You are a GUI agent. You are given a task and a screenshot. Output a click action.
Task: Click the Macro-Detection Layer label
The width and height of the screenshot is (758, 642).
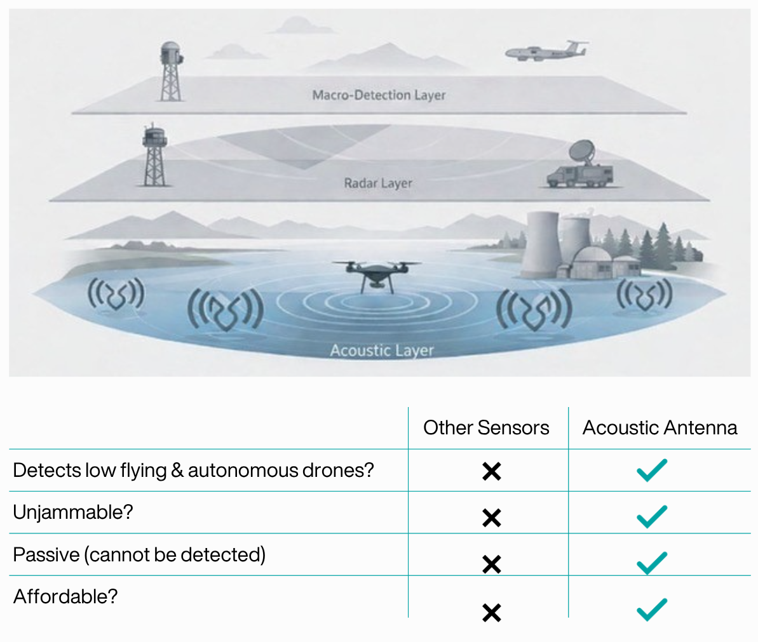(379, 95)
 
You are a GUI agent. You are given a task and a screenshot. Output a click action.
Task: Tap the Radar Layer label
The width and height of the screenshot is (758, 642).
(378, 183)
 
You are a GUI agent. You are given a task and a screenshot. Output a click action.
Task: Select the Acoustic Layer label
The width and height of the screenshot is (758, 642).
(382, 350)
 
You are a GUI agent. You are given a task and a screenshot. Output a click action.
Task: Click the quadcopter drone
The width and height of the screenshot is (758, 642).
(377, 276)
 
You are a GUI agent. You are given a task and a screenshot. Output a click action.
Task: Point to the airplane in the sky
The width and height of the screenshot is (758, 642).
(546, 51)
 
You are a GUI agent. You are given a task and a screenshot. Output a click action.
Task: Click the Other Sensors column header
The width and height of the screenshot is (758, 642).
(486, 427)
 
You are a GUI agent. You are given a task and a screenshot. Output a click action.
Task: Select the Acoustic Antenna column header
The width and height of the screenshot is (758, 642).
(660, 427)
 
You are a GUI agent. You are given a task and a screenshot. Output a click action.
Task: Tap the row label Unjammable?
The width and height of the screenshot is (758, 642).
(73, 512)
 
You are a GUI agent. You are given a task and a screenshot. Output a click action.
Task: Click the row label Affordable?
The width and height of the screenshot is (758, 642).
(65, 596)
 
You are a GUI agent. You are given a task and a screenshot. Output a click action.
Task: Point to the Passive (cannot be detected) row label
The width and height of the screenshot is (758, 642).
(139, 554)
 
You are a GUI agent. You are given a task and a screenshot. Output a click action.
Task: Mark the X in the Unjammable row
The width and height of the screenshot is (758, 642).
(492, 518)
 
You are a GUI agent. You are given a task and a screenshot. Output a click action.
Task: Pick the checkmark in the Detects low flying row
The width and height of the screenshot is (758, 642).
(652, 471)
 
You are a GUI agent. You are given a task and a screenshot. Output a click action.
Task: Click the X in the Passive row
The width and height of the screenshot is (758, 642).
(492, 565)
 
